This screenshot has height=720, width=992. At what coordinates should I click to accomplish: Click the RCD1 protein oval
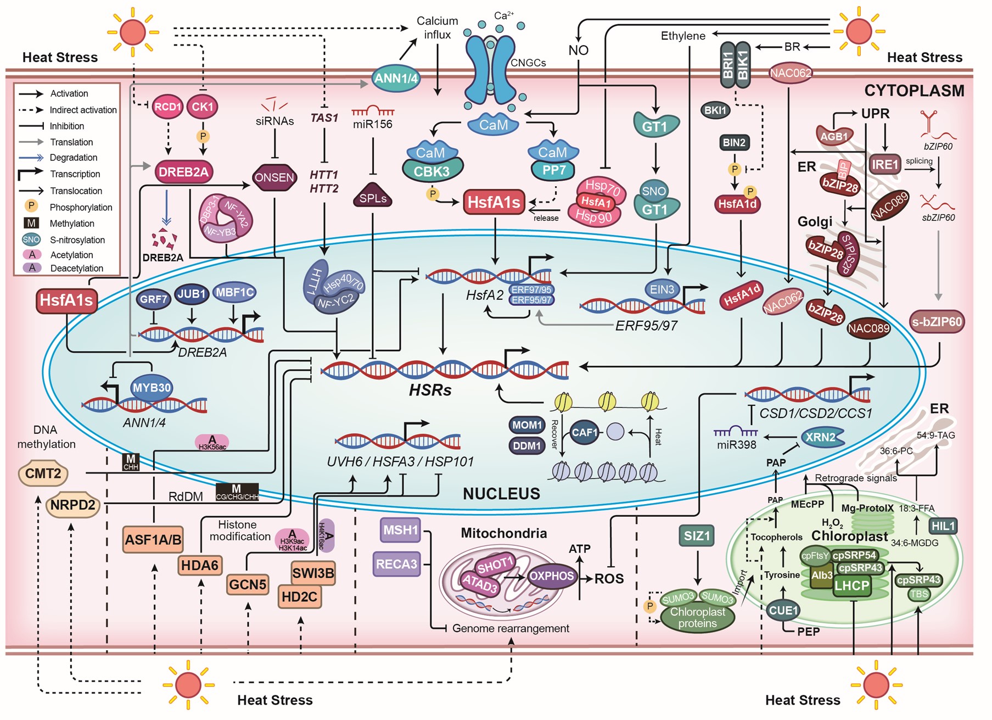pos(167,107)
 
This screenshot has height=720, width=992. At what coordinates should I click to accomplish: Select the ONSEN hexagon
pos(274,177)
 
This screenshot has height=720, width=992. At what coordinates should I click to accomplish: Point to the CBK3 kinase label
pos(432,171)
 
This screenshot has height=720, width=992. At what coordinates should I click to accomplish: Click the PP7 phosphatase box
pos(553,170)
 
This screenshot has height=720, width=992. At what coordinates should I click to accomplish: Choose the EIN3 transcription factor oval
pos(662,289)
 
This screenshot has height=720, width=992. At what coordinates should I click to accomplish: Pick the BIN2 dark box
pos(734,143)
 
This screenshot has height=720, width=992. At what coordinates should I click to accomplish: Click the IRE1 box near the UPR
pos(885,164)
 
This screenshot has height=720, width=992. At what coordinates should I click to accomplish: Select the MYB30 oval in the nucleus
pos(152,387)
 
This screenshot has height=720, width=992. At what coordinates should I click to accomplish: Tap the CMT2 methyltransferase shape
pos(43,473)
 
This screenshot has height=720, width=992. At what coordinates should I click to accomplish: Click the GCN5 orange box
pos(248,584)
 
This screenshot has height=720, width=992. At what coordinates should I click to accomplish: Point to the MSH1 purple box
pos(401,530)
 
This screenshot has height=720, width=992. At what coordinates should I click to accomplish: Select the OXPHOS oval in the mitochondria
pos(551,576)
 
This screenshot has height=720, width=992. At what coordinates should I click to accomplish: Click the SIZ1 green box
pos(697,535)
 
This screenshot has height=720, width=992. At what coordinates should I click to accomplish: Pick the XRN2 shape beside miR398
pos(821,437)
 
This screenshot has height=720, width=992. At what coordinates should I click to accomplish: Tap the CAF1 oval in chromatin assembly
pos(584,432)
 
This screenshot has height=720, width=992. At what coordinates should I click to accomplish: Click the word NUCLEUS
pos(501,493)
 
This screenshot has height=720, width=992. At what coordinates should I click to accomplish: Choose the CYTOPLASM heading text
pos(914,91)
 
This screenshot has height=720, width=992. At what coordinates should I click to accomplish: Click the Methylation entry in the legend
pos(72,224)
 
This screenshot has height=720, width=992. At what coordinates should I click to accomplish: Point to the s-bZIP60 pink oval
pos(937,322)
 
